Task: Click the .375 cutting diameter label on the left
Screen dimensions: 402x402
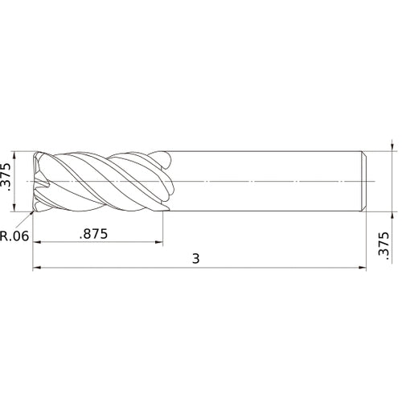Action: pyautogui.click(x=7, y=181)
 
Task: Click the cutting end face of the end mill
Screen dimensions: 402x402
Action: pyautogui.click(x=37, y=181)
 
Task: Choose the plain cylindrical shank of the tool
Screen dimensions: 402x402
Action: pyautogui.click(x=265, y=181)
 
